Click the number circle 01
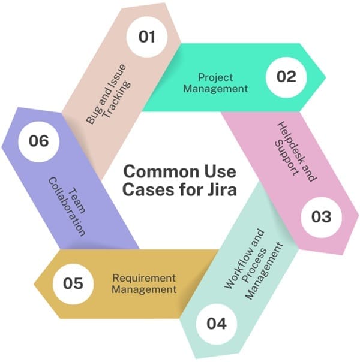click(146, 37)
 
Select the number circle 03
click(317, 216)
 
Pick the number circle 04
click(217, 324)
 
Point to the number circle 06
click(40, 142)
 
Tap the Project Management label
click(215, 83)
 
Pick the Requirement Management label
click(146, 283)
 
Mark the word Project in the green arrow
click(215, 78)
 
